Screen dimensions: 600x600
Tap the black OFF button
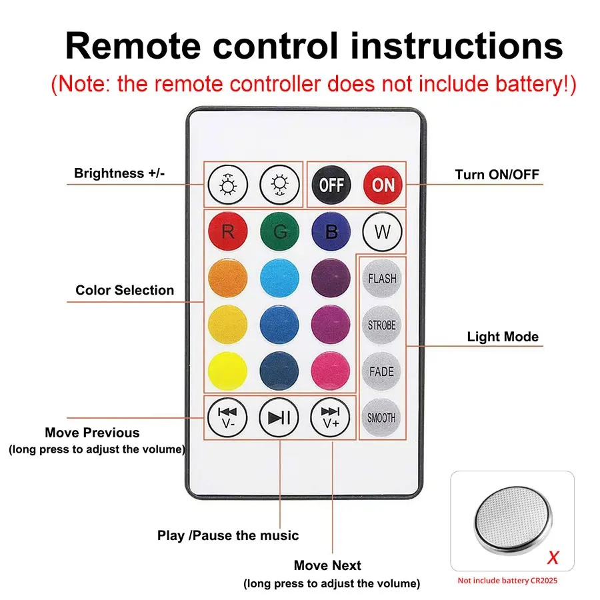click(x=331, y=183)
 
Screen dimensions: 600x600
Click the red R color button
click(x=227, y=232)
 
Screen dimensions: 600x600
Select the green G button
click(x=279, y=232)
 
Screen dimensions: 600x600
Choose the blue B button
click(x=331, y=232)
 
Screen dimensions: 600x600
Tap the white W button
click(x=382, y=232)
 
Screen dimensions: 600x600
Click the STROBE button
click(x=382, y=325)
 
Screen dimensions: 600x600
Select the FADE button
click(x=382, y=371)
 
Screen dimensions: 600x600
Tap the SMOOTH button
click(x=382, y=418)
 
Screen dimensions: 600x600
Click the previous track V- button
click(x=227, y=417)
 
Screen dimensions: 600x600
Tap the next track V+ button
click(x=331, y=417)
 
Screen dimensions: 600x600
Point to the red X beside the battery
click(x=553, y=556)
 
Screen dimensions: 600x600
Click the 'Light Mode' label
click(x=502, y=337)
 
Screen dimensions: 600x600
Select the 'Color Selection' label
click(x=125, y=290)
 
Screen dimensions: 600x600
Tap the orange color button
click(x=227, y=279)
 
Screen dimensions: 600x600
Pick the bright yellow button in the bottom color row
click(x=227, y=371)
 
